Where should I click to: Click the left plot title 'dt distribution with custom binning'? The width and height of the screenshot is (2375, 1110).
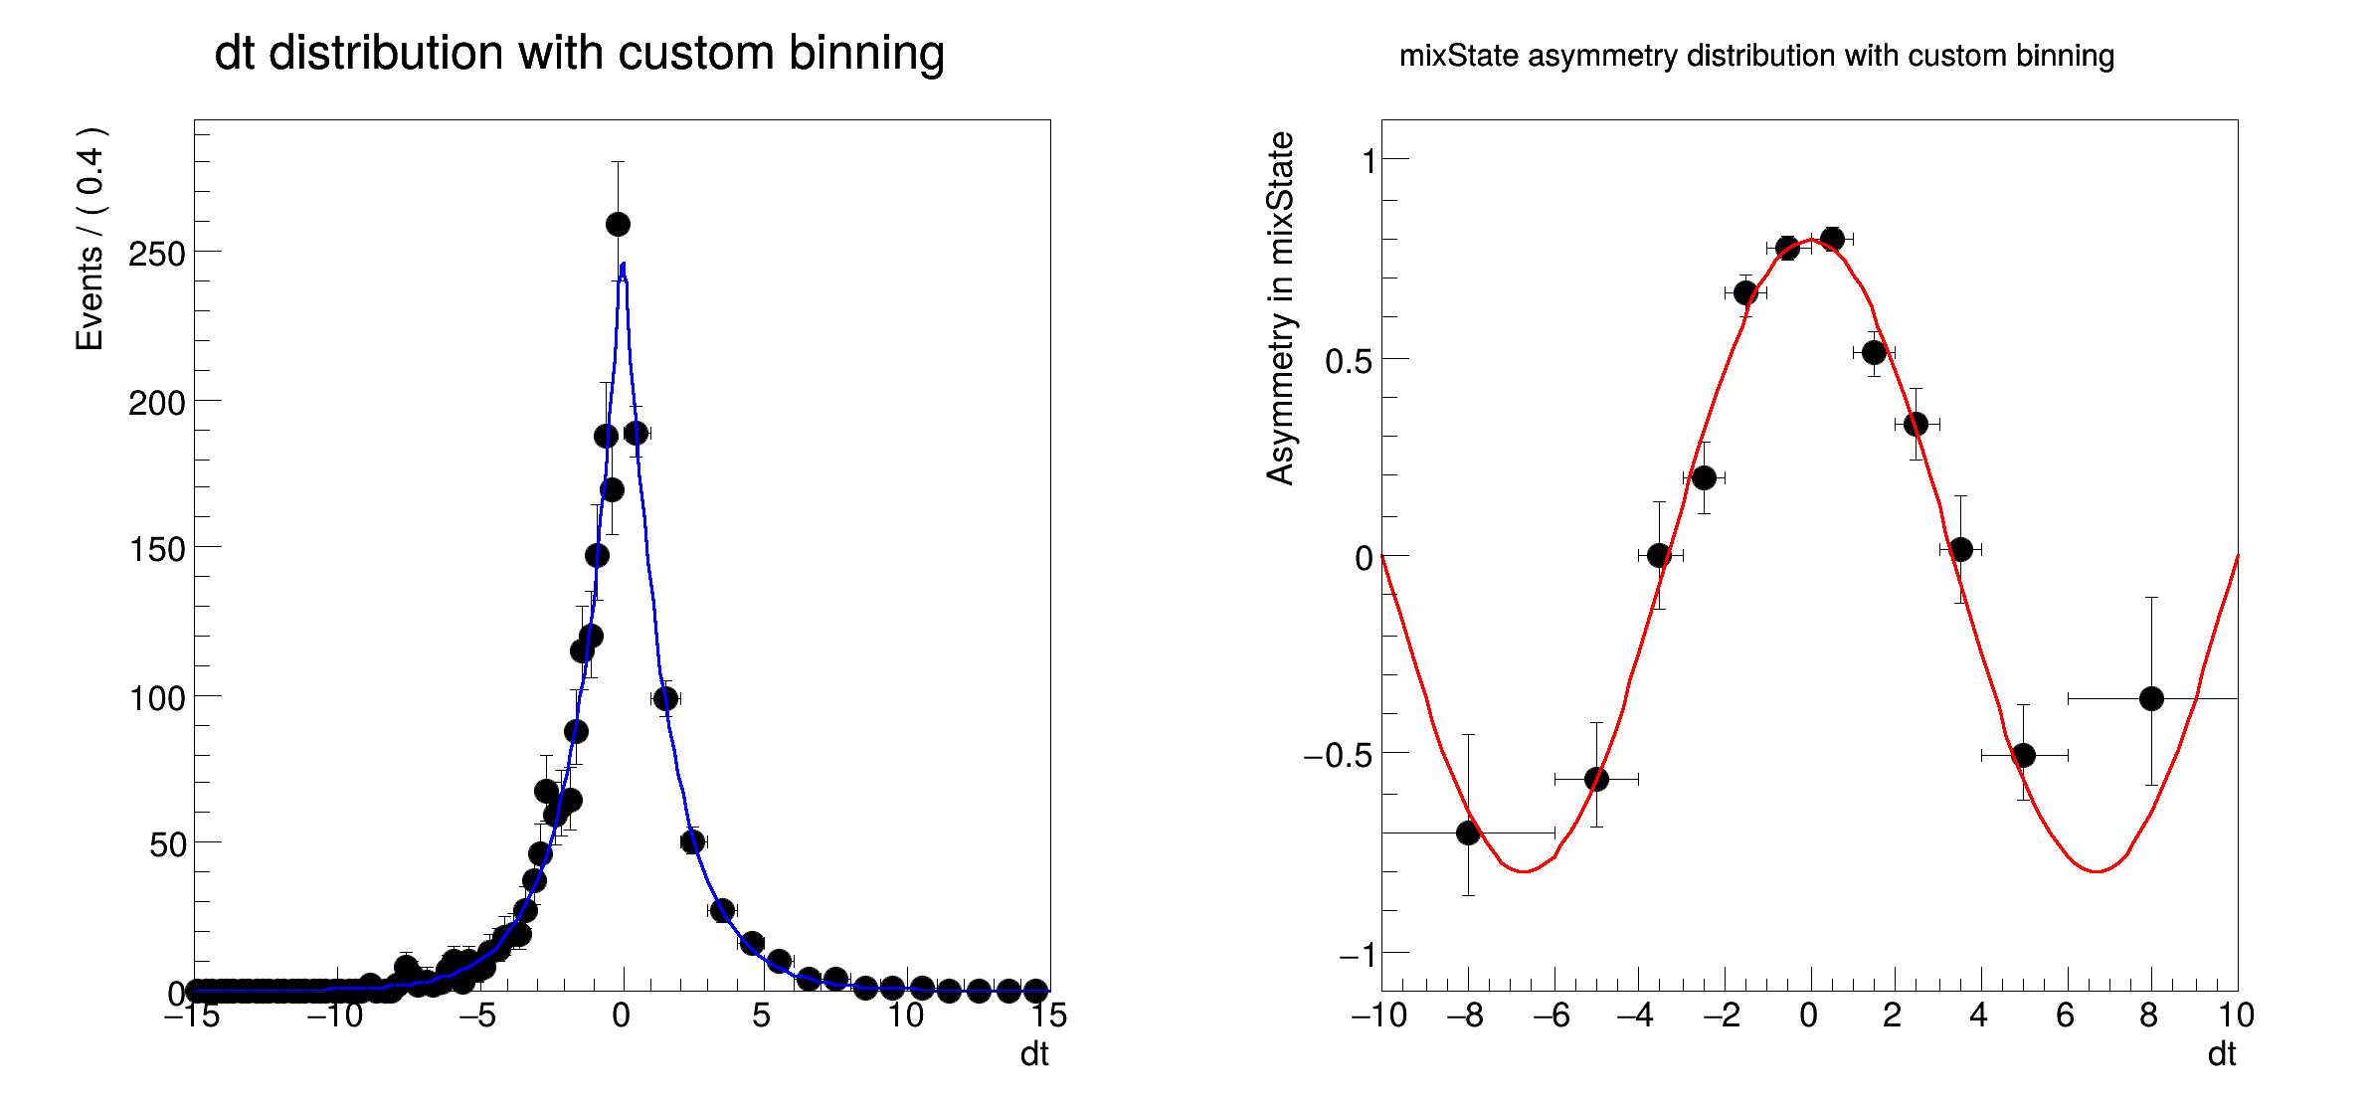tap(579, 53)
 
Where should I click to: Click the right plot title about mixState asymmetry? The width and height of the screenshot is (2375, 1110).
tap(1756, 56)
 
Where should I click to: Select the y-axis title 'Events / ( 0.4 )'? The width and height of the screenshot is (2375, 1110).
tap(91, 239)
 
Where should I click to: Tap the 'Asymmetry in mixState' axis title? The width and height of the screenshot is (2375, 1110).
tap(1280, 308)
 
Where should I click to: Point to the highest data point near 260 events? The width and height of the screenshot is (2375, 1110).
tap(618, 224)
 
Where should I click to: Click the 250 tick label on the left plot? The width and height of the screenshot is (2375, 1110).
tap(157, 255)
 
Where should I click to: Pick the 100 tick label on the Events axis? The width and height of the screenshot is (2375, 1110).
tap(157, 698)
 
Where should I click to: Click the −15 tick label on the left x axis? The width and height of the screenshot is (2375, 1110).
tap(192, 1016)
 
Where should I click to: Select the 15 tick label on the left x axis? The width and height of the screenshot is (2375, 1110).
tap(1048, 1016)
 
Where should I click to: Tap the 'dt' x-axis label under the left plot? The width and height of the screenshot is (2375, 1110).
tap(1034, 1054)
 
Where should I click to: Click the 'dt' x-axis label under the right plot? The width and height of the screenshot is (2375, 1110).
tap(2222, 1054)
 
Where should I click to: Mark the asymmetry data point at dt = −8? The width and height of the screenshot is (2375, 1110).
tap(1468, 833)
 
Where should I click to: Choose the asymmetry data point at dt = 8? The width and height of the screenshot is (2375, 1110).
tap(2151, 698)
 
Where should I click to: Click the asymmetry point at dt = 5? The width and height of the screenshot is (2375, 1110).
tap(2023, 755)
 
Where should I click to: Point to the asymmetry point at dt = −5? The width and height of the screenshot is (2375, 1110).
tap(1596, 779)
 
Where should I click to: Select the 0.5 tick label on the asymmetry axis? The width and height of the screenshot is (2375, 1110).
tap(1349, 361)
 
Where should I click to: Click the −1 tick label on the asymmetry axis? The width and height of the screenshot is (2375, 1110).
tap(1357, 955)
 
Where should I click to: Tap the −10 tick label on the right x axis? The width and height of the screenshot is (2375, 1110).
tap(1378, 1016)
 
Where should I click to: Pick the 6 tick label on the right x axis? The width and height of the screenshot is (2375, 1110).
tap(2065, 1016)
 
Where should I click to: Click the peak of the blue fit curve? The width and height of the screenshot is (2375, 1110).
tap(623, 265)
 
